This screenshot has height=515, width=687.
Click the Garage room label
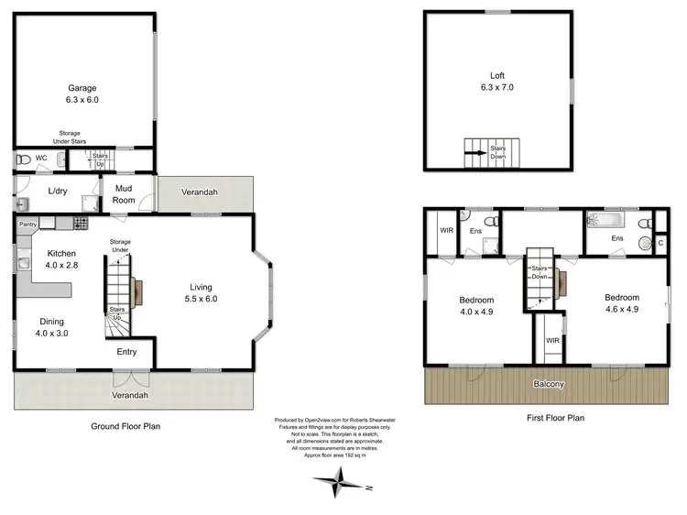point(82,89)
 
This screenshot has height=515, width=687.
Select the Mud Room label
point(124,193)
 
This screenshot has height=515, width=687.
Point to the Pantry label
point(27,223)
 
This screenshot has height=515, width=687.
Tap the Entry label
point(127,351)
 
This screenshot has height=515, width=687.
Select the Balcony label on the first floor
point(551,384)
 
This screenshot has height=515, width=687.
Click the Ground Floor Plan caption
point(125,426)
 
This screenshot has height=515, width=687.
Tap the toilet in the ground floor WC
point(22,159)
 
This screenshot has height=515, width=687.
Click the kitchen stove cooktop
point(81,223)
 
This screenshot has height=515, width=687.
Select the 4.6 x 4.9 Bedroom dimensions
point(621,310)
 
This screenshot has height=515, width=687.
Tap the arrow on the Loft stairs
point(477,154)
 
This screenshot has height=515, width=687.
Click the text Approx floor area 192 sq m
point(342,455)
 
